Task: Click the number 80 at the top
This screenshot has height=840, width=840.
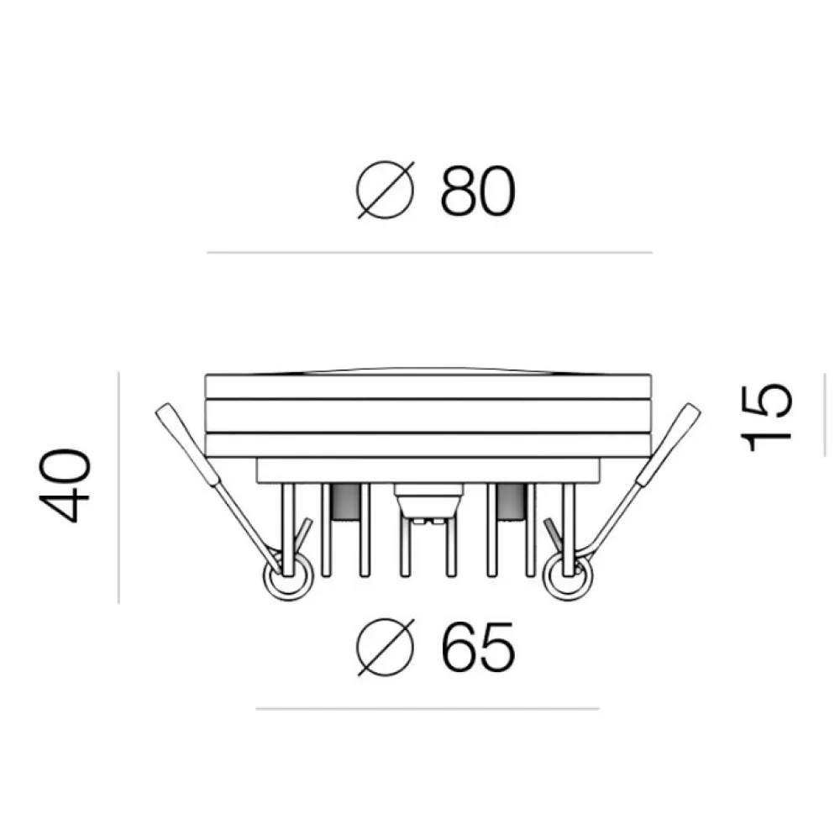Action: tap(477, 192)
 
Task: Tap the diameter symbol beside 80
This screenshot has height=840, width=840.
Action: tap(386, 190)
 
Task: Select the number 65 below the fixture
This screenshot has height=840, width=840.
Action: tap(478, 647)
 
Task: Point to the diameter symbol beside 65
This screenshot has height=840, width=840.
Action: tap(386, 647)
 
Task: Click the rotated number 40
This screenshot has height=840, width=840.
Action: tap(65, 486)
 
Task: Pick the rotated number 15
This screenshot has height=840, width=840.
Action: tap(765, 417)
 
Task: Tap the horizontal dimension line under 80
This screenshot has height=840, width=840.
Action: tap(429, 252)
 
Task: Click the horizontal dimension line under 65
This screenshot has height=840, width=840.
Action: tap(428, 709)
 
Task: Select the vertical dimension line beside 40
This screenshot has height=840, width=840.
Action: tap(118, 487)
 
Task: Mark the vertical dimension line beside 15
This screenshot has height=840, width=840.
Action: tap(825, 415)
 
